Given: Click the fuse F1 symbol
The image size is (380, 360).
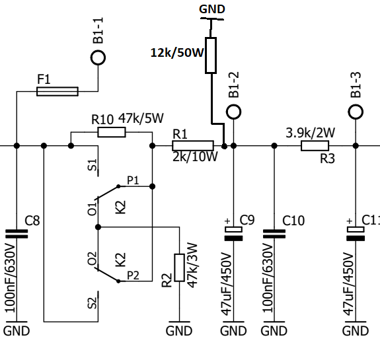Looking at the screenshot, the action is click(57, 91).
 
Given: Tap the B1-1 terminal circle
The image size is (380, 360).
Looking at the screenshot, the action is click(98, 51).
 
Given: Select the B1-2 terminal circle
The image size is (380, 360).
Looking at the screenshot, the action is click(234, 105).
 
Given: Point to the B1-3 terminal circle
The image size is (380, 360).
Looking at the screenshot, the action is click(356, 105).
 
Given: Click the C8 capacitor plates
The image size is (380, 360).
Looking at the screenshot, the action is click(17, 234).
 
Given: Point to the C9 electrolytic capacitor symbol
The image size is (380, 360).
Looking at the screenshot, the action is click(234, 234).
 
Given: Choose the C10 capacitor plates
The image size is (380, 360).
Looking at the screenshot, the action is click(274, 234).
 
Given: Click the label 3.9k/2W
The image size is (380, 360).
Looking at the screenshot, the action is click(311, 133).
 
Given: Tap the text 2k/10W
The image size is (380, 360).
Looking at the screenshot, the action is click(195, 157).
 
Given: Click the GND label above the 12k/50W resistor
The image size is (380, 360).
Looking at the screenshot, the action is click(212, 9).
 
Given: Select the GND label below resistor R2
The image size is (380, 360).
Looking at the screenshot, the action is click(179, 331).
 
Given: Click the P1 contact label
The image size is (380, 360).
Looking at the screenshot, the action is click(133, 180).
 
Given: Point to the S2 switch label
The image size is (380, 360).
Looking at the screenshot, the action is click(92, 303).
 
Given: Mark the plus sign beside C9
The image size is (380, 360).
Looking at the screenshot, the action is click(227, 221).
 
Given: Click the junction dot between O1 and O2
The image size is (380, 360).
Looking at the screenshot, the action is click(98, 227).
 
